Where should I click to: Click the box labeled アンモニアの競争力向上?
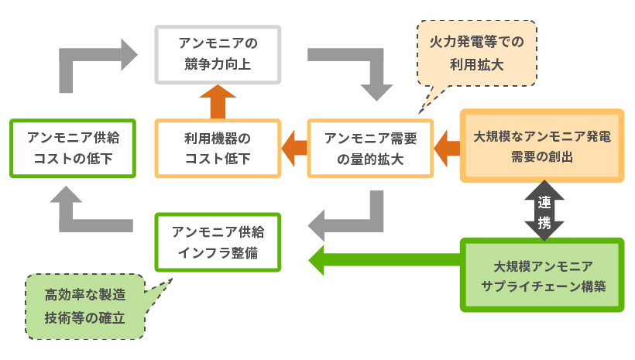[218, 53]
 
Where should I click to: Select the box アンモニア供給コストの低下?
[73, 148]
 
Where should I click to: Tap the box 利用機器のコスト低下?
[218, 148]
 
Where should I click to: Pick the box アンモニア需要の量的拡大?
[369, 148]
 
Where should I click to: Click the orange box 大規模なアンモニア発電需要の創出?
[541, 146]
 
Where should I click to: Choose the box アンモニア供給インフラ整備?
[218, 242]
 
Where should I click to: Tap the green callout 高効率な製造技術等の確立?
[84, 306]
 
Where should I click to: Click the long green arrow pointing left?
[383, 259]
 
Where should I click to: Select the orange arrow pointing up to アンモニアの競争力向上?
[218, 100]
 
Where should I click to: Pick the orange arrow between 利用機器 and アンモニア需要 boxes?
[293, 147]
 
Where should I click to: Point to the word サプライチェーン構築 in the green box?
[541, 285]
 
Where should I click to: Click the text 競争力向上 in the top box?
[218, 63]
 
